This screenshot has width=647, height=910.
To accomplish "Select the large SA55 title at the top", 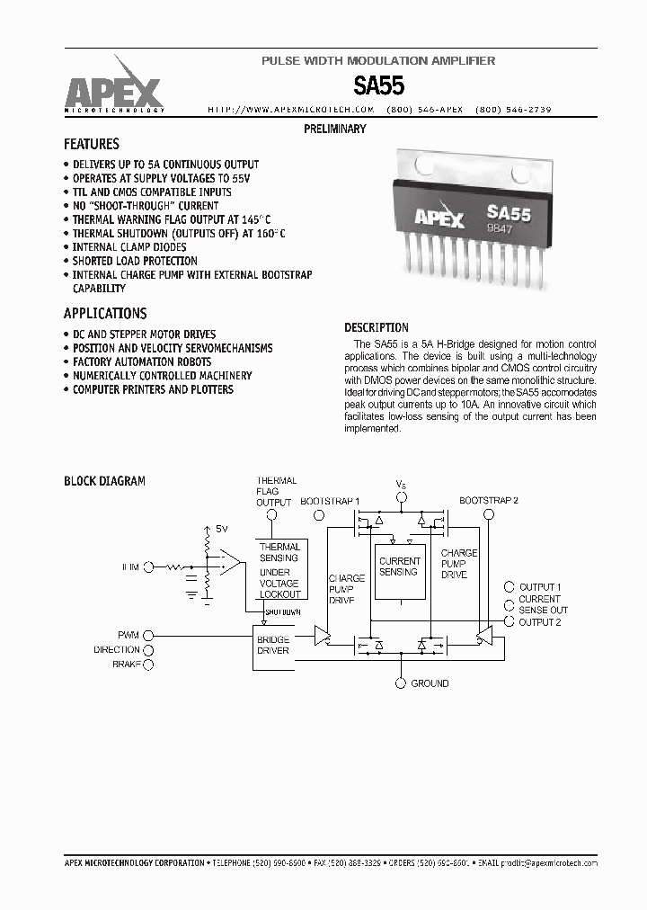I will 378,86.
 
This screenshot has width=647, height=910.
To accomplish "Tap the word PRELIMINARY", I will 335,129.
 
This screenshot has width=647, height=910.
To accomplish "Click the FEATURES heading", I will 92,144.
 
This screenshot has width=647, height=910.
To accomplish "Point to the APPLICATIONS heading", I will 105,314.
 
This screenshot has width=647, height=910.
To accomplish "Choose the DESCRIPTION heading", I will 377,328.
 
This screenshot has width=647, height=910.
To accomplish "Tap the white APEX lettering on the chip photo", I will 439,219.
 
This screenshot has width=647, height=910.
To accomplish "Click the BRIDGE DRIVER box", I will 273,646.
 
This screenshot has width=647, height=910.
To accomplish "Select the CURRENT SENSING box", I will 399,567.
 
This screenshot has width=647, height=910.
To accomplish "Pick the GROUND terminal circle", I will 401,683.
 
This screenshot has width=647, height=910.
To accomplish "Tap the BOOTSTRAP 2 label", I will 488,500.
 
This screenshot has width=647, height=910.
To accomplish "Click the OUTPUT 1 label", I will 540,587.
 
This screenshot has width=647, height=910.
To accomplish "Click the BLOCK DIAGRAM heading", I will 104,481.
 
